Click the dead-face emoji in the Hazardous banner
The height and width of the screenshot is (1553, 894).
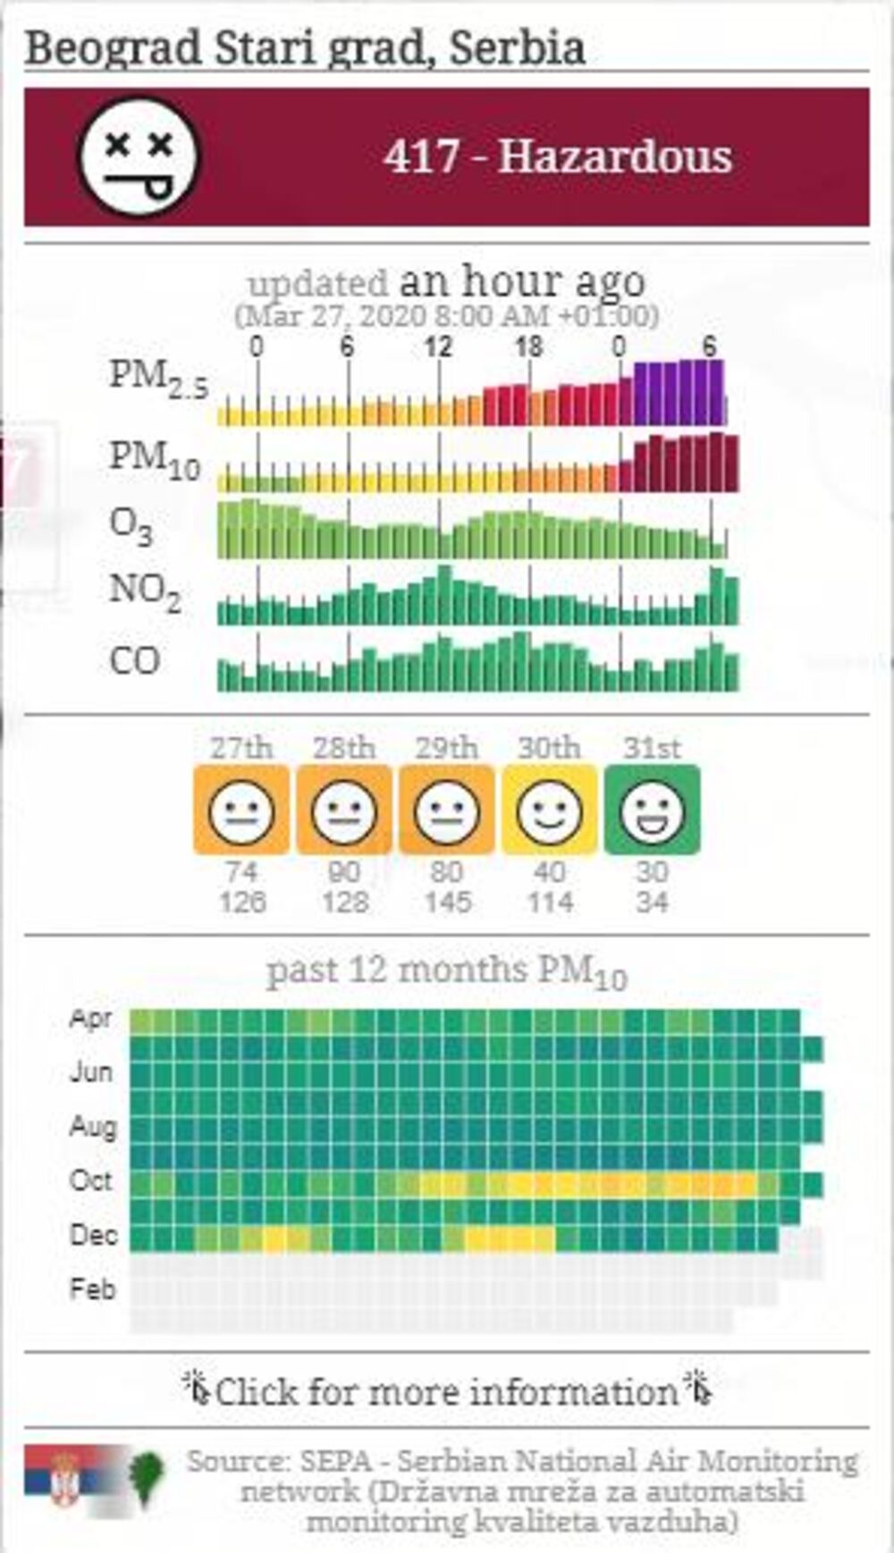pyautogui.click(x=139, y=157)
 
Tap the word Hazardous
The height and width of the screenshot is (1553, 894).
pyautogui.click(x=615, y=157)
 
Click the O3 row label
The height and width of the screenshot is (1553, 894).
pyautogui.click(x=131, y=526)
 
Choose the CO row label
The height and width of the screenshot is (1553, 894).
pyautogui.click(x=135, y=660)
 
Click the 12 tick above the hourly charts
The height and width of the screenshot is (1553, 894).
pyautogui.click(x=438, y=347)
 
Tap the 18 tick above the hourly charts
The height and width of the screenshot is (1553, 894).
pyautogui.click(x=528, y=347)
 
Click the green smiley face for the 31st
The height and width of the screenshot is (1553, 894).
pyautogui.click(x=652, y=810)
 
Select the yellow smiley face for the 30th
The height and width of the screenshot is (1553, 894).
pyautogui.click(x=549, y=810)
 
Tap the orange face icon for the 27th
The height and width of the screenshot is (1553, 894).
pyautogui.click(x=241, y=810)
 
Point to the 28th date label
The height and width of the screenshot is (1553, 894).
pyautogui.click(x=344, y=747)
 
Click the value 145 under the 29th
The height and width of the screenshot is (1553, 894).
pyautogui.click(x=447, y=902)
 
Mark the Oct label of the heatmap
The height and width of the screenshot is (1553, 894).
pyautogui.click(x=91, y=1180)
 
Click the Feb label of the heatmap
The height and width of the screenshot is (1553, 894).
pyautogui.click(x=92, y=1289)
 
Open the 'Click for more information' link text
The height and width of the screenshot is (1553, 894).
pyautogui.click(x=447, y=1392)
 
